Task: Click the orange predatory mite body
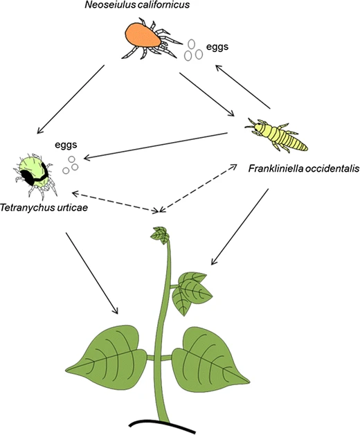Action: point(143,35)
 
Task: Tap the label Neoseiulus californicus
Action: point(137,5)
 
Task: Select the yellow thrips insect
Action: point(276,134)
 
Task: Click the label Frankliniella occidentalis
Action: point(304,168)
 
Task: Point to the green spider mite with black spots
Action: point(35,175)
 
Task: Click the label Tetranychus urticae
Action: point(44,208)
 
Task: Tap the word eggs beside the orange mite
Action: point(217,47)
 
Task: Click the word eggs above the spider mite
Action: point(66,145)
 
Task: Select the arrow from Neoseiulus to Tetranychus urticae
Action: point(71,99)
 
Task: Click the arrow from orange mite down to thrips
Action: point(206,94)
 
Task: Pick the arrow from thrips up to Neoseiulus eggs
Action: point(243,87)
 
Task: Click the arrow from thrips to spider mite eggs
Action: point(156,146)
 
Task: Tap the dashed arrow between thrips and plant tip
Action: point(198,188)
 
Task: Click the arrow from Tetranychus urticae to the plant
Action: point(92,274)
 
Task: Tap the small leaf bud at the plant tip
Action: point(160,235)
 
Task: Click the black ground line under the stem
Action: point(162,427)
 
